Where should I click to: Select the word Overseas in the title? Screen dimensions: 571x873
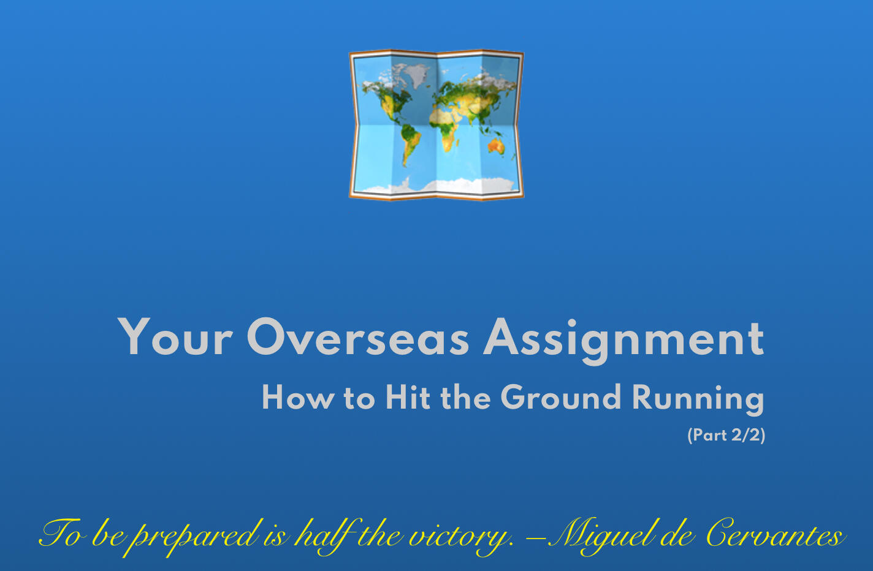click(x=357, y=338)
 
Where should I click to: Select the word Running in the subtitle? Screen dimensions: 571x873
click(x=698, y=399)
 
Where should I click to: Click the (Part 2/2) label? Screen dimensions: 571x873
click(x=726, y=435)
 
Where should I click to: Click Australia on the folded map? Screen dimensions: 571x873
click(x=495, y=146)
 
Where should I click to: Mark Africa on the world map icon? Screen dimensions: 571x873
click(x=449, y=126)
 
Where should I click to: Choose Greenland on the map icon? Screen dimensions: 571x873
click(x=417, y=76)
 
